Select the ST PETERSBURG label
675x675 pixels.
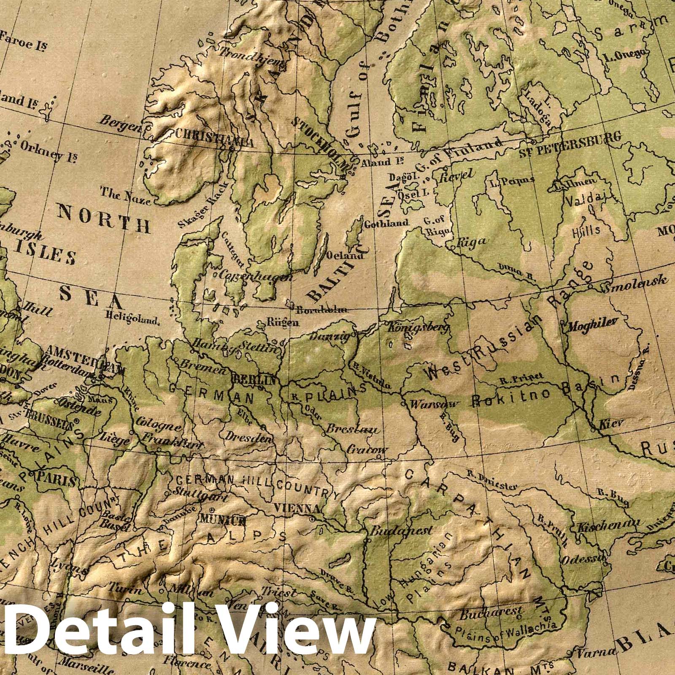[570, 142]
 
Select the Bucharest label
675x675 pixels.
[491, 613]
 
